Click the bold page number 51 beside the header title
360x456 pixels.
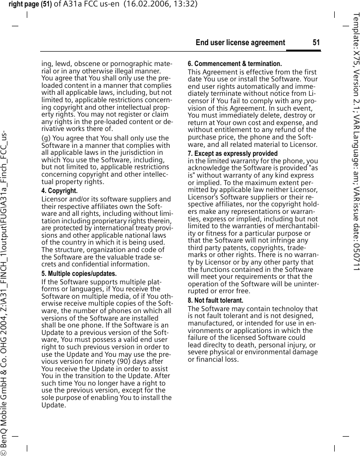pos(316,43)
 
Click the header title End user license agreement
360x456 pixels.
pos(240,43)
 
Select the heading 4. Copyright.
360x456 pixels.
pos(59,191)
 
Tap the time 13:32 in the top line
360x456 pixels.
pos(187,4)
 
